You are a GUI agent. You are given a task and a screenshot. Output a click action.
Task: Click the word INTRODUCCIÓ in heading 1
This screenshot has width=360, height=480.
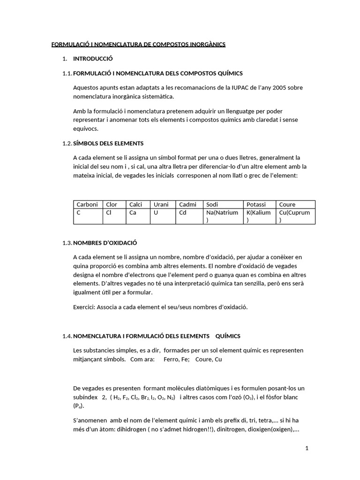click(x=93, y=59)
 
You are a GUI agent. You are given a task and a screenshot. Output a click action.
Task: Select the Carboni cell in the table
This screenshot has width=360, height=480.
click(x=87, y=204)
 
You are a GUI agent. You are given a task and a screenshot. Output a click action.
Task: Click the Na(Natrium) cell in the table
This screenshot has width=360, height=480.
click(x=222, y=216)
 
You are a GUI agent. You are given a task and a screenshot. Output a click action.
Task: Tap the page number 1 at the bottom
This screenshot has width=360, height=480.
click(x=307, y=448)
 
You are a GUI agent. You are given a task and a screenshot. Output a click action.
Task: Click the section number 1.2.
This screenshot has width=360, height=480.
click(x=67, y=143)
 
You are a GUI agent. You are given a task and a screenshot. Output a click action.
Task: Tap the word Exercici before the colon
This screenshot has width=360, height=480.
click(x=85, y=307)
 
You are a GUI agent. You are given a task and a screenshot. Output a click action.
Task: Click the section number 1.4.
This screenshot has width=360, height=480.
click(x=67, y=336)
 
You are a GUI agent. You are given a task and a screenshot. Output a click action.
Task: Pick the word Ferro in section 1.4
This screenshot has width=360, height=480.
click(x=171, y=360)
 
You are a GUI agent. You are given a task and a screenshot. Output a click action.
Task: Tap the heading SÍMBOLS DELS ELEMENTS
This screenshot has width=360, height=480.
click(x=108, y=143)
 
